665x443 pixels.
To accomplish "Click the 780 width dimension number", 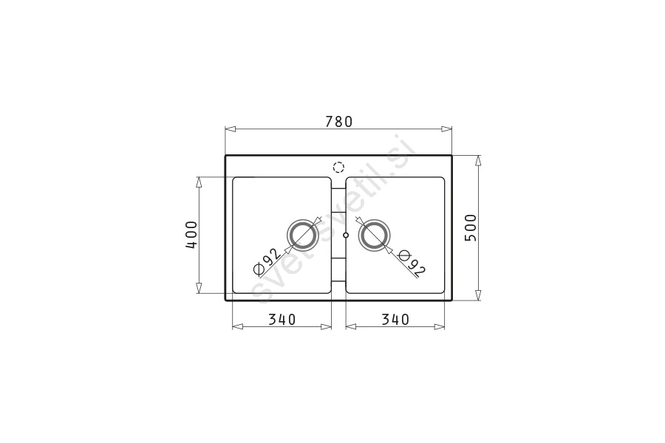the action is coord(339,122).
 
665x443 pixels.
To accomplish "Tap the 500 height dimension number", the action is coord(471,227).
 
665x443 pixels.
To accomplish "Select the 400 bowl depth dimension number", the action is coord(191,235).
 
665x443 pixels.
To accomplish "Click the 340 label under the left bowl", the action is coord(282,319).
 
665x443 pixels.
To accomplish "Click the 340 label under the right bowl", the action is coord(395,319).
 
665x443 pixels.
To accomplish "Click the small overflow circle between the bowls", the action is coord(346,235).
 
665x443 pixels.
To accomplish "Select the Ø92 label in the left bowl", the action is coord(267,261).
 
